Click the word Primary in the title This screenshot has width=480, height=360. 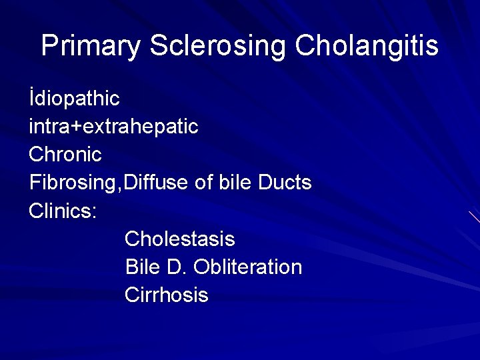[x=91, y=46]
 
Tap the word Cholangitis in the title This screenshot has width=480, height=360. [x=367, y=46]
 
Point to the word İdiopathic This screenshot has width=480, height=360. [x=74, y=99]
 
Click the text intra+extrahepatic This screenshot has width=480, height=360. [x=113, y=126]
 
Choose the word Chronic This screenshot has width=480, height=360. [x=65, y=155]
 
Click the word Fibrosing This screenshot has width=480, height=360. [x=73, y=183]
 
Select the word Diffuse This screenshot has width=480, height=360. [x=158, y=183]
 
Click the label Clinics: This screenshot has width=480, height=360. [x=63, y=211]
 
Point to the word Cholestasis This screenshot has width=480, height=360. [x=180, y=239]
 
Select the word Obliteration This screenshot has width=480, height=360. [x=248, y=267]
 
